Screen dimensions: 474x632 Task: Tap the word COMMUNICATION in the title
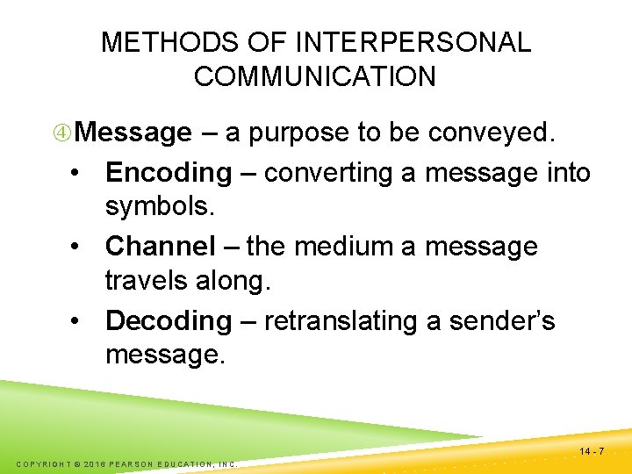(x=314, y=76)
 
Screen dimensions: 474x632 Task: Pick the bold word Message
(x=133, y=133)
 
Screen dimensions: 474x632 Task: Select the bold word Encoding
(x=168, y=173)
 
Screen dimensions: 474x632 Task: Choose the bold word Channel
(x=160, y=247)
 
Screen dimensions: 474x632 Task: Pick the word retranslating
(x=338, y=320)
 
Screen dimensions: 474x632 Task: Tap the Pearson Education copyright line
(x=127, y=463)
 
